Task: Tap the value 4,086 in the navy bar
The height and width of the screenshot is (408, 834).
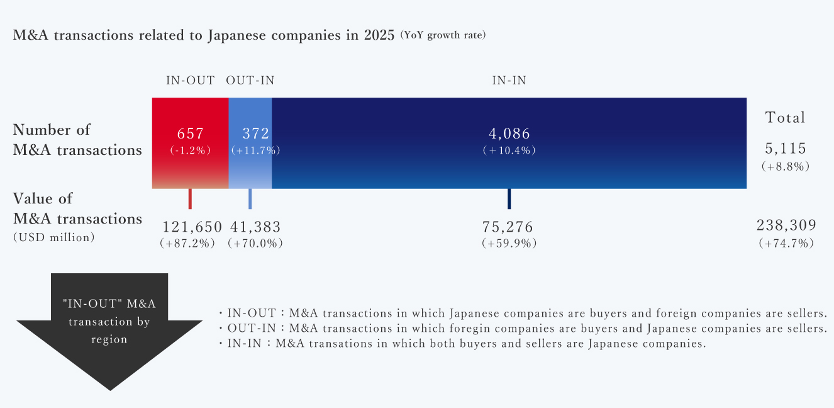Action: (x=509, y=133)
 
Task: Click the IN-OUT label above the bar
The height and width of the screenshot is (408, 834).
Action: (x=190, y=81)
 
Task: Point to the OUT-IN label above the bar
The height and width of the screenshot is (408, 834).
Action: (x=250, y=81)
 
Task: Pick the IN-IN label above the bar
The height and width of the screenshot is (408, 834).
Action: (x=509, y=81)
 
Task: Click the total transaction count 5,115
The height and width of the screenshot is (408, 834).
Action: (x=785, y=149)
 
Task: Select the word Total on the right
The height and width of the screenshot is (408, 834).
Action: (x=785, y=118)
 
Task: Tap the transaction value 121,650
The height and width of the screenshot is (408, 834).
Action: (x=192, y=227)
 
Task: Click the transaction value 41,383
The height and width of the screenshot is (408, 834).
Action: (x=255, y=227)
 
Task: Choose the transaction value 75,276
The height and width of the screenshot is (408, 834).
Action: (x=508, y=227)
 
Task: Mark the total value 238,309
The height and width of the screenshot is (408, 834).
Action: (x=786, y=225)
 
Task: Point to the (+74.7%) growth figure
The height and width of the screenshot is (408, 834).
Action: (x=786, y=243)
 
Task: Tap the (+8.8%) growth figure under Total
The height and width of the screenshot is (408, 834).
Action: (x=785, y=167)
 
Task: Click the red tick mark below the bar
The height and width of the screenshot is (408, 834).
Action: (x=190, y=198)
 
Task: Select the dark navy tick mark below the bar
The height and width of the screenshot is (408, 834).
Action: (x=509, y=198)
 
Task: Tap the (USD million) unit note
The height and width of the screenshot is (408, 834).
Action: (x=54, y=238)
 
